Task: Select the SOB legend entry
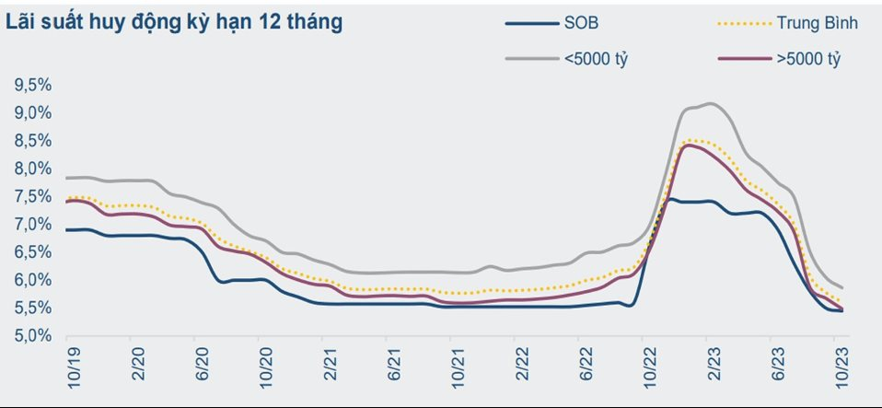pyautogui.click(x=584, y=23)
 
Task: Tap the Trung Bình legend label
pyautogui.click(x=817, y=23)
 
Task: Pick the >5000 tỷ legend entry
pyautogui.click(x=810, y=60)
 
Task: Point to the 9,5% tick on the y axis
pyautogui.click(x=31, y=86)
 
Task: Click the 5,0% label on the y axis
pyautogui.click(x=31, y=336)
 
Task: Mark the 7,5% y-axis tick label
pyautogui.click(x=31, y=197)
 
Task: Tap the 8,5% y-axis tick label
pyautogui.click(x=31, y=141)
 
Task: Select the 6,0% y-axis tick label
pyautogui.click(x=31, y=280)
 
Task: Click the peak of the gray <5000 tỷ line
pyautogui.click(x=710, y=103)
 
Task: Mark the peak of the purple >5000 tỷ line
pyautogui.click(x=687, y=145)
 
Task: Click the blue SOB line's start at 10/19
pyautogui.click(x=67, y=229)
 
